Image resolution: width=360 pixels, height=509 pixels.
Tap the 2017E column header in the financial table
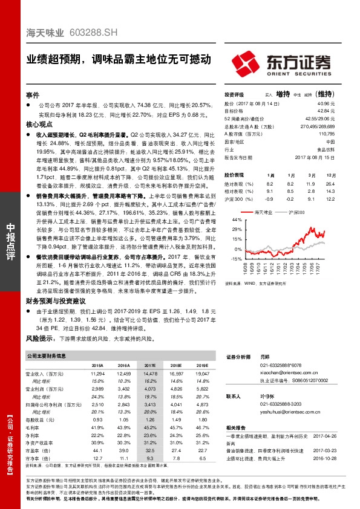click(x=149, y=366)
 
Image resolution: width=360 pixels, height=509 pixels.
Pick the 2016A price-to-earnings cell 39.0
click(x=123, y=450)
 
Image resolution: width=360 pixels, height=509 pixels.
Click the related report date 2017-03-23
click(x=327, y=450)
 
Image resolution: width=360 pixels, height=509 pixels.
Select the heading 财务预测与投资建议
click(x=52, y=300)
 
